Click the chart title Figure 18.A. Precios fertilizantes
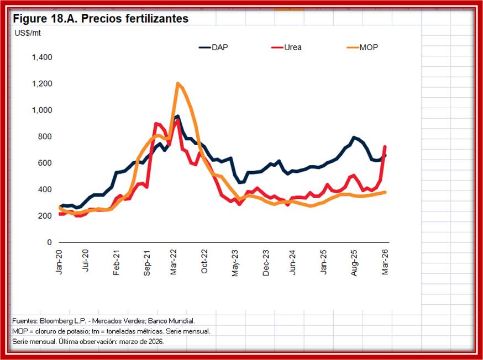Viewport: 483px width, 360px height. point(101,19)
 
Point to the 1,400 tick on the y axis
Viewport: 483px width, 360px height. point(42,57)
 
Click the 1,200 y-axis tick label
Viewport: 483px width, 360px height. point(42,84)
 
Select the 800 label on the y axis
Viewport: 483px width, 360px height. point(45,137)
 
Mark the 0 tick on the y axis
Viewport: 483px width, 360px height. point(50,242)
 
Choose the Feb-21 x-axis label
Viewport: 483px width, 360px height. point(117,263)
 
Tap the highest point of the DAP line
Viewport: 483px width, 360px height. point(177,116)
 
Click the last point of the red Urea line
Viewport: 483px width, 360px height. point(385,146)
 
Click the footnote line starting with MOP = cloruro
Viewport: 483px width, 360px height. point(111,331)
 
